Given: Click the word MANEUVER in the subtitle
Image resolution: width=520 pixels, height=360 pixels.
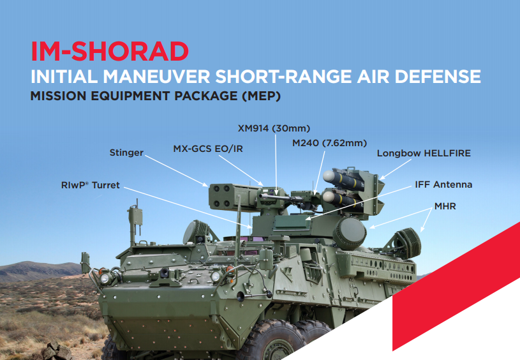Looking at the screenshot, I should coord(157,77).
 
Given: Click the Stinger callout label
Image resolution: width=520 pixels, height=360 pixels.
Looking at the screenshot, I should coord(126,153).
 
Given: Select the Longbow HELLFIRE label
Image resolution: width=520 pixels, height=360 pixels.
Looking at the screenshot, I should coord(423,153).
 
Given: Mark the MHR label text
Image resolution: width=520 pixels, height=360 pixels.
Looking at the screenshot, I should coord(445,207).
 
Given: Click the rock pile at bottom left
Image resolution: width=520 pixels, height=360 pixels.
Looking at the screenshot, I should coord(57,351).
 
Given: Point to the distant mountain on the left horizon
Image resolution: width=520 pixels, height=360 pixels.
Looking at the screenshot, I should coord(26,271).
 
